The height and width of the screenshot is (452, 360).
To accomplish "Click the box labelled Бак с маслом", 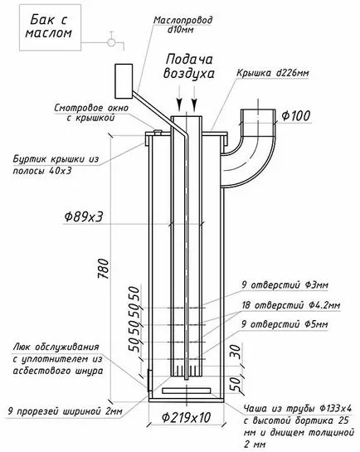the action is (50, 27).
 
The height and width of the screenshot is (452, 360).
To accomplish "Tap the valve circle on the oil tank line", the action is (111, 42).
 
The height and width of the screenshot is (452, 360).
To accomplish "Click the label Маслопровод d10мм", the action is (182, 25).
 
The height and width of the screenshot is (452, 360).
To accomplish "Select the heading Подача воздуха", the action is (189, 66).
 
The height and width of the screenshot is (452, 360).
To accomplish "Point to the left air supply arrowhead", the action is (179, 104).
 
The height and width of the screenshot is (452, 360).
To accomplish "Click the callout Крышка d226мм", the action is (273, 73).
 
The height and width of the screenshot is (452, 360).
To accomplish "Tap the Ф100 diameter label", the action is (296, 115).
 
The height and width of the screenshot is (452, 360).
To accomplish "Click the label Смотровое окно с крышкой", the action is (91, 113).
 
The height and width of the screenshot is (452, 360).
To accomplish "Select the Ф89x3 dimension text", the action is (83, 216).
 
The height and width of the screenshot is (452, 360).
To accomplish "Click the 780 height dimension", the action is (104, 269).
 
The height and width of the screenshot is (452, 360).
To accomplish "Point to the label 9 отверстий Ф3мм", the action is (285, 285).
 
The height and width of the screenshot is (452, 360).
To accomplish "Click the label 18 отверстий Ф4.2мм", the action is (291, 305).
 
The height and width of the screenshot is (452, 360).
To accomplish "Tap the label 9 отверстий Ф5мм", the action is (285, 324).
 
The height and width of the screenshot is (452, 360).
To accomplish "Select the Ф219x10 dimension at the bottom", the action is (186, 417).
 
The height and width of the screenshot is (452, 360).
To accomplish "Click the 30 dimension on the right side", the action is (236, 352).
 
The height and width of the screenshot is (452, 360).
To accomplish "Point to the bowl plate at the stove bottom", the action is (186, 391).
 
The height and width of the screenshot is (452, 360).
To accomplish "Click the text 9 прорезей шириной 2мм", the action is (66, 411).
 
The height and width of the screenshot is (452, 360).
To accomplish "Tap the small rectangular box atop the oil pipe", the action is (124, 81).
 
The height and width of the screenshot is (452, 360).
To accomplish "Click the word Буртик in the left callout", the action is (30, 159).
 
